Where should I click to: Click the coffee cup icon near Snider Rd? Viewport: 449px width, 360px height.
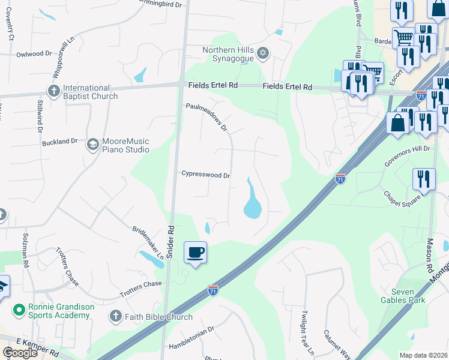click(195, 252)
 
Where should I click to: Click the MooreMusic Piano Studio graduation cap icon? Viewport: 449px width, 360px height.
click(93, 145)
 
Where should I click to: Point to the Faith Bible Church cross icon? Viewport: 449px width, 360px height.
click(116, 317)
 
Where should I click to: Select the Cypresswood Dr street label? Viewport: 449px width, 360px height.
click(206, 175)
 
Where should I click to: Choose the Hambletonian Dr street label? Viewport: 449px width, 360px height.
click(191, 331)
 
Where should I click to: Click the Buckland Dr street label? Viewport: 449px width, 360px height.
click(60, 142)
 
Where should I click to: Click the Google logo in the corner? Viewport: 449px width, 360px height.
click(20, 353)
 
